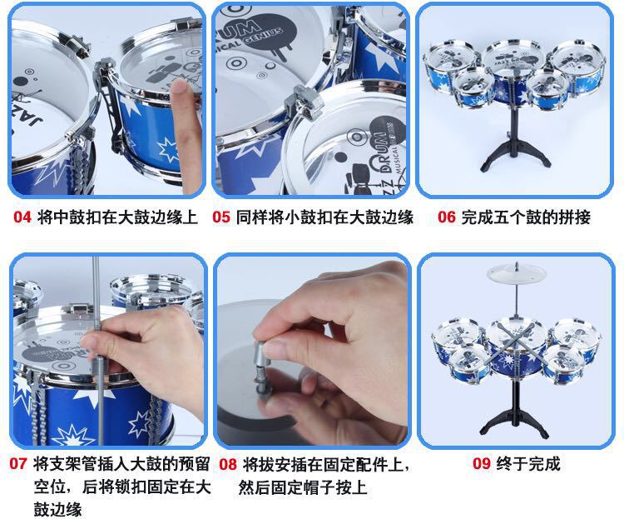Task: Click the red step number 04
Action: tap(22, 217)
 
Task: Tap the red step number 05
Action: tap(221, 217)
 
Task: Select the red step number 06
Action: tap(447, 217)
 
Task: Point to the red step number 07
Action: tap(18, 463)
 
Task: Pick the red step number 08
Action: tap(228, 464)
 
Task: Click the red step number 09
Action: tap(482, 463)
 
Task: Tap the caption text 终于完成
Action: tap(528, 463)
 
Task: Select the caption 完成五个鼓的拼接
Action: tap(526, 217)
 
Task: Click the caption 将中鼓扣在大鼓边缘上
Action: tap(117, 217)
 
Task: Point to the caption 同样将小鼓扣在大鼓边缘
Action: tap(324, 217)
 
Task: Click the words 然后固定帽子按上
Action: tap(303, 487)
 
